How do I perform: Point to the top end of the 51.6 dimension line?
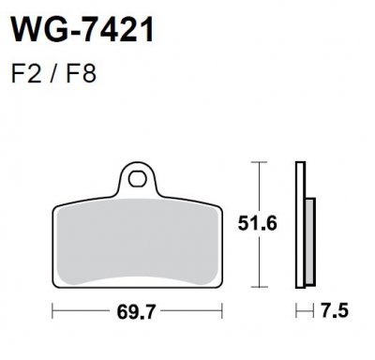click(258, 163)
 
